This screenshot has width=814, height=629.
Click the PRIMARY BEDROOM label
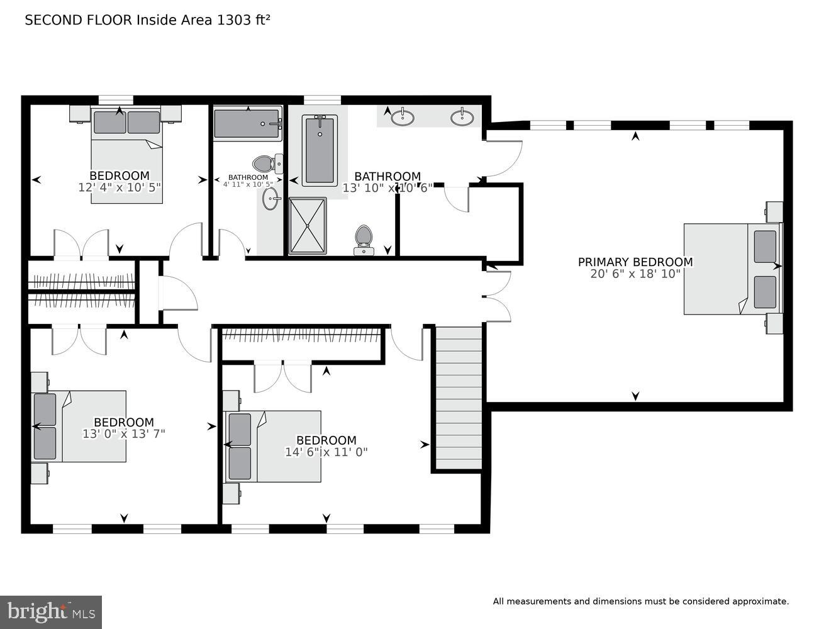(x=635, y=262)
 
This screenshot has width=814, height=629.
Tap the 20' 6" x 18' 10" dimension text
(x=635, y=274)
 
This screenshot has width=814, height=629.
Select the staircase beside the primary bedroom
(x=459, y=398)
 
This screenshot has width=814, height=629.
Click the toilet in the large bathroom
(x=364, y=239)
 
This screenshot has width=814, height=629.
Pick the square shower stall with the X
(x=308, y=225)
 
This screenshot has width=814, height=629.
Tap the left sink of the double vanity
(x=402, y=117)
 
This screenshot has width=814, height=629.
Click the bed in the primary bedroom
(x=731, y=269)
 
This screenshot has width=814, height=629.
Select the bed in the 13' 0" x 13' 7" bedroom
(x=79, y=426)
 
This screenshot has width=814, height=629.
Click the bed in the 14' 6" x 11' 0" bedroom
(x=274, y=447)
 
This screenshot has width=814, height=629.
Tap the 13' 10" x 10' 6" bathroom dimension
(x=387, y=187)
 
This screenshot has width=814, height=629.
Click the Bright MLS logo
(x=51, y=611)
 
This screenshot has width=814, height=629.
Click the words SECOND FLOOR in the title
(x=79, y=19)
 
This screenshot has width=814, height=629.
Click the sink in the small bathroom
(x=272, y=200)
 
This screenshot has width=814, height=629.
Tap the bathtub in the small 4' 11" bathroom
(x=247, y=123)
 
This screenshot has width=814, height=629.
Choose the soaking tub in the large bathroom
(x=320, y=150)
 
